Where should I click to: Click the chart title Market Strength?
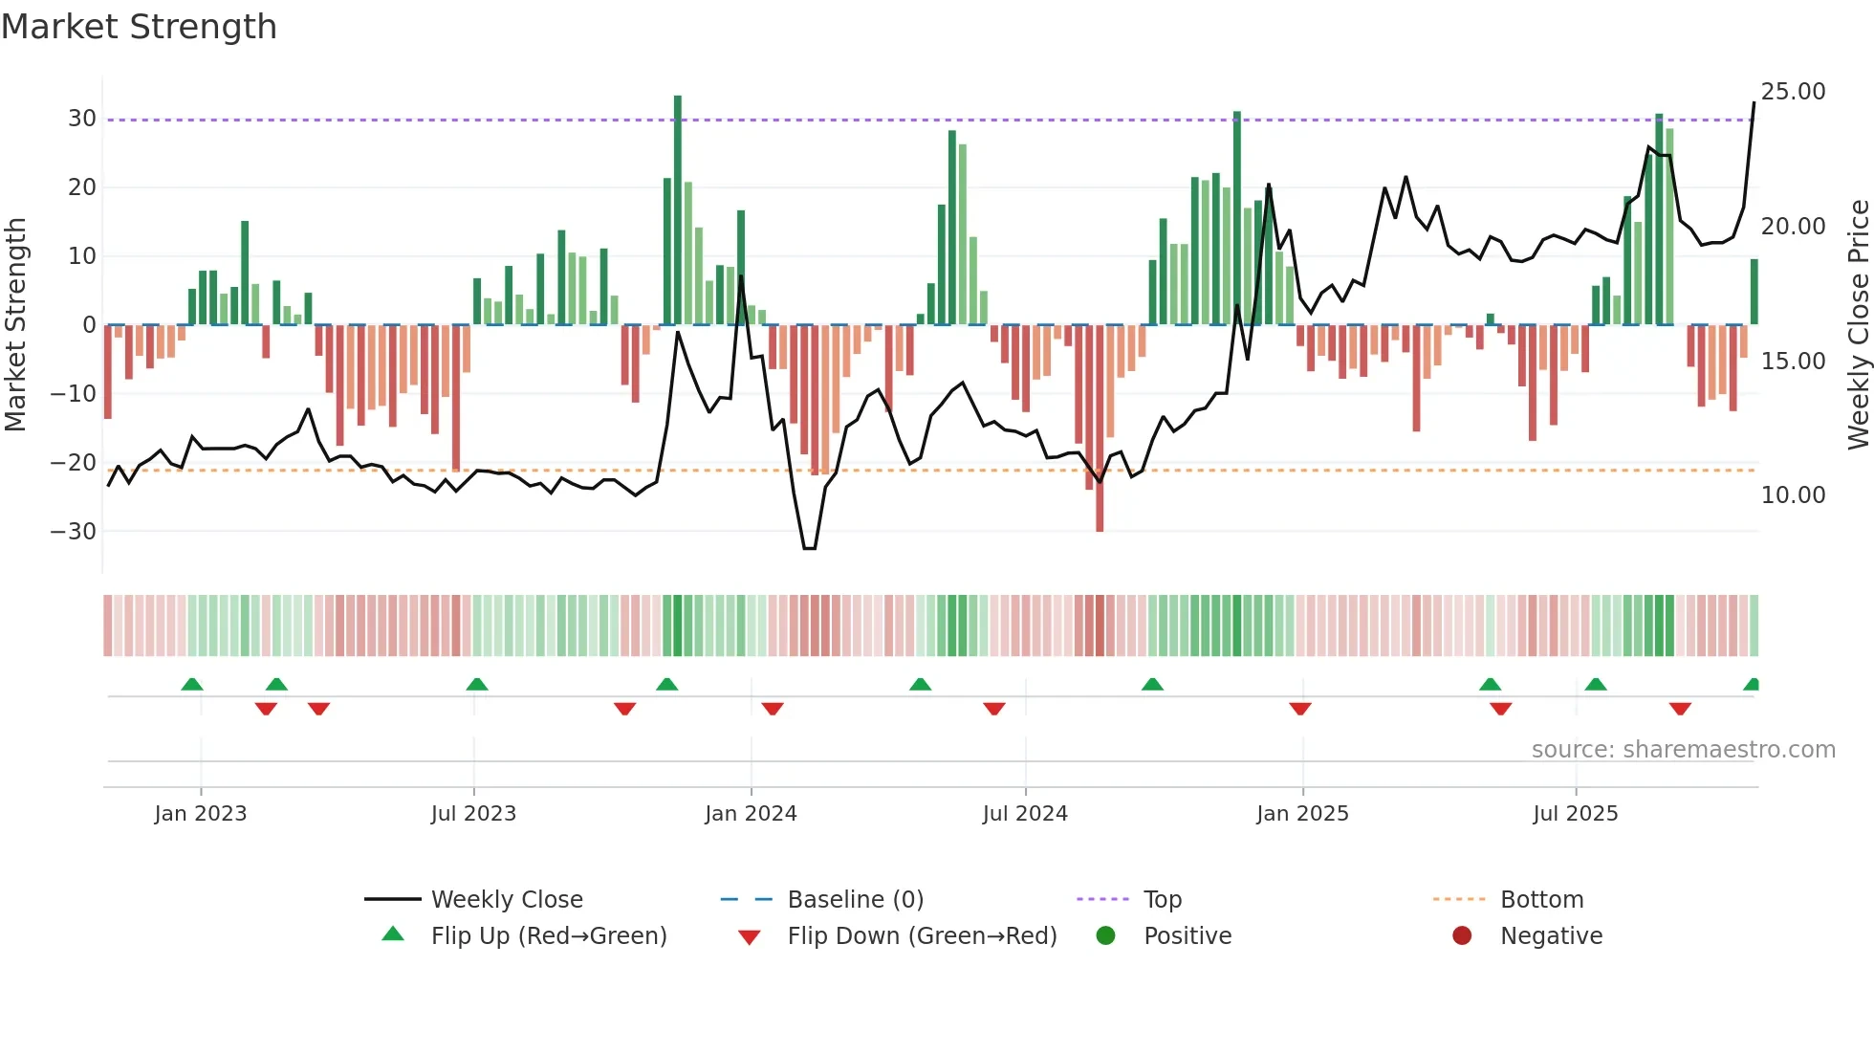point(139,27)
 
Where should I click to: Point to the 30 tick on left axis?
point(82,119)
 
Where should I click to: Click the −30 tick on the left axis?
point(74,531)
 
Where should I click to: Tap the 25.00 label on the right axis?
point(1793,92)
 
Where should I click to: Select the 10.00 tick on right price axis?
point(1793,495)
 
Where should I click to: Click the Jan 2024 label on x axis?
point(751,814)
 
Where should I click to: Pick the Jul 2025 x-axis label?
point(1575,814)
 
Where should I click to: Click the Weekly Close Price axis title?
point(1858,325)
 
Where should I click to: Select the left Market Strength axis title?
point(15,325)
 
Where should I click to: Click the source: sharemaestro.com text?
point(1683,750)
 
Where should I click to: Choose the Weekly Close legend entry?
point(506,900)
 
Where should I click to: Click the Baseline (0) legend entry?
point(855,900)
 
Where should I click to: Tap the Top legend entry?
point(1162,900)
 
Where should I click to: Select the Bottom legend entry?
point(1541,900)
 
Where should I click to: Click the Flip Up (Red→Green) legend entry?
point(548,936)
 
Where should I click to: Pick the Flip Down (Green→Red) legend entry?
point(922,936)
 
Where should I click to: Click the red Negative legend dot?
point(1462,936)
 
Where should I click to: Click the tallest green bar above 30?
point(678,210)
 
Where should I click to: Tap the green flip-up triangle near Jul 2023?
point(477,685)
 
